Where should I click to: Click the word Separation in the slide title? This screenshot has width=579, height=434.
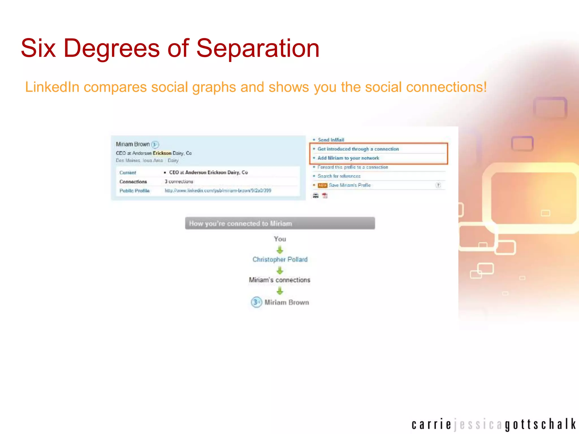click(x=258, y=48)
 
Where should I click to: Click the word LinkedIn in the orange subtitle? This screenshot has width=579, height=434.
click(x=52, y=87)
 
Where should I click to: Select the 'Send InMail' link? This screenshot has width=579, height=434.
click(x=331, y=140)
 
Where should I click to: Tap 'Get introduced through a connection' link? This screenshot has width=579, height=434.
click(x=358, y=149)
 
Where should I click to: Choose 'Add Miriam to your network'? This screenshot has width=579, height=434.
click(x=348, y=158)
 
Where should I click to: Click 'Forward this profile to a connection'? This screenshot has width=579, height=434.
click(x=353, y=167)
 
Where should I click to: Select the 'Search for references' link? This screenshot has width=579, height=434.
click(x=339, y=176)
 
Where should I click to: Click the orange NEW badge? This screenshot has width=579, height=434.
click(x=323, y=185)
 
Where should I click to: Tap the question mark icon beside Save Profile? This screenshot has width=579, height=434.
click(x=438, y=185)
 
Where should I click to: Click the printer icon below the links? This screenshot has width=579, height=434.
click(x=316, y=196)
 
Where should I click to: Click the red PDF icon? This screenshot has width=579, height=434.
click(x=325, y=196)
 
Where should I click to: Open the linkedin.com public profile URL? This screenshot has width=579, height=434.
click(x=218, y=191)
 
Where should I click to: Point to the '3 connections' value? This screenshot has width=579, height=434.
click(x=179, y=181)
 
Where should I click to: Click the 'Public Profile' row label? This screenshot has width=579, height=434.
click(x=134, y=191)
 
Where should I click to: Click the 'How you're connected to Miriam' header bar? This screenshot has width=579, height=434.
click(x=280, y=223)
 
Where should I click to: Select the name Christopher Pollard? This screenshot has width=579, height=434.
click(x=280, y=259)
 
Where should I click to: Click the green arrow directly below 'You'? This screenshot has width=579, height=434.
click(x=280, y=250)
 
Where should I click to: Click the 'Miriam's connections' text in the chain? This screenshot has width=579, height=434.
click(x=280, y=280)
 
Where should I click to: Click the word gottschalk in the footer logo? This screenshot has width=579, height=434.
click(x=540, y=425)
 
